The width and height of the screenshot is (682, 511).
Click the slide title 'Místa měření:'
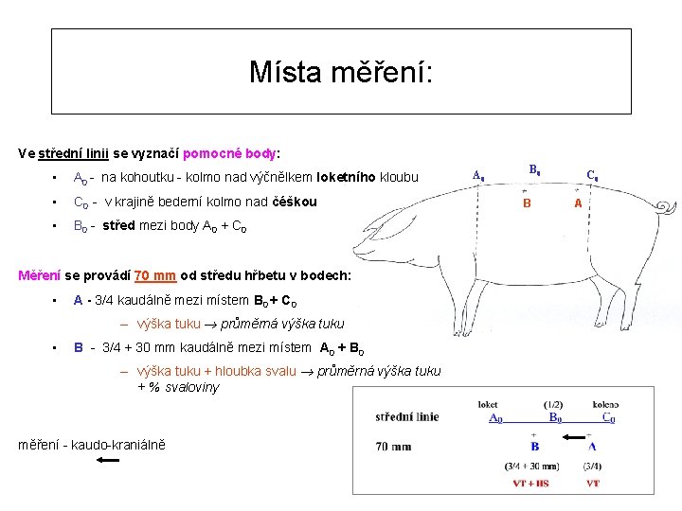341,72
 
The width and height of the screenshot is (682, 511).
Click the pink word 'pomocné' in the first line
209,152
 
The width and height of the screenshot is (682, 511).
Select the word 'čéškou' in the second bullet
295,202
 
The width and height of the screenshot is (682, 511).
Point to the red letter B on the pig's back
528,203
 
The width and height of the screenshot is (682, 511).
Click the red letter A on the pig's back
579,203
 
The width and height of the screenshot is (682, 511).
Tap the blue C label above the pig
591,175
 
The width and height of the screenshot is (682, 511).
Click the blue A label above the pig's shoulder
478,174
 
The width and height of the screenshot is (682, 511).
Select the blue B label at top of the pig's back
534,170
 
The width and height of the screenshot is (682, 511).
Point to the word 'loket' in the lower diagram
488,404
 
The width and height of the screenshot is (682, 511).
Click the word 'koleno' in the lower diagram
605,404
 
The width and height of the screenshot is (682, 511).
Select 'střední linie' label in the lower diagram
407,416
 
